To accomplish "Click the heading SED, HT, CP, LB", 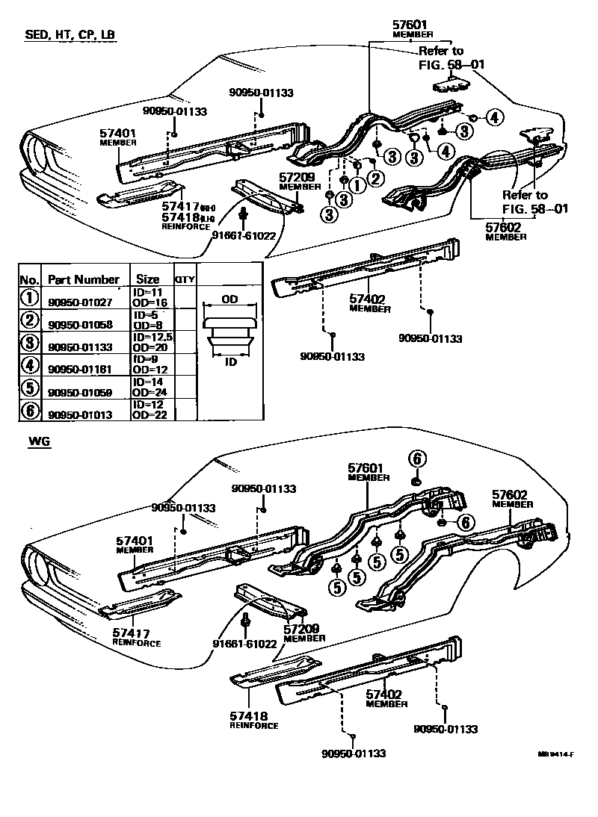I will [70, 35].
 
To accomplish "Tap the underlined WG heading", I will [38, 443].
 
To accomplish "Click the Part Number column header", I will [83, 279].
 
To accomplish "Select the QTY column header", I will [184, 279].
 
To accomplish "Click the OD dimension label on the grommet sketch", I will [229, 298].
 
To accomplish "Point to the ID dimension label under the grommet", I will [230, 361].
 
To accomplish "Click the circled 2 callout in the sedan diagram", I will [375, 178].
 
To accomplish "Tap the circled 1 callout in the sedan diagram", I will [357, 184].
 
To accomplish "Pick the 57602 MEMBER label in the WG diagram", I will [510, 498].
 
